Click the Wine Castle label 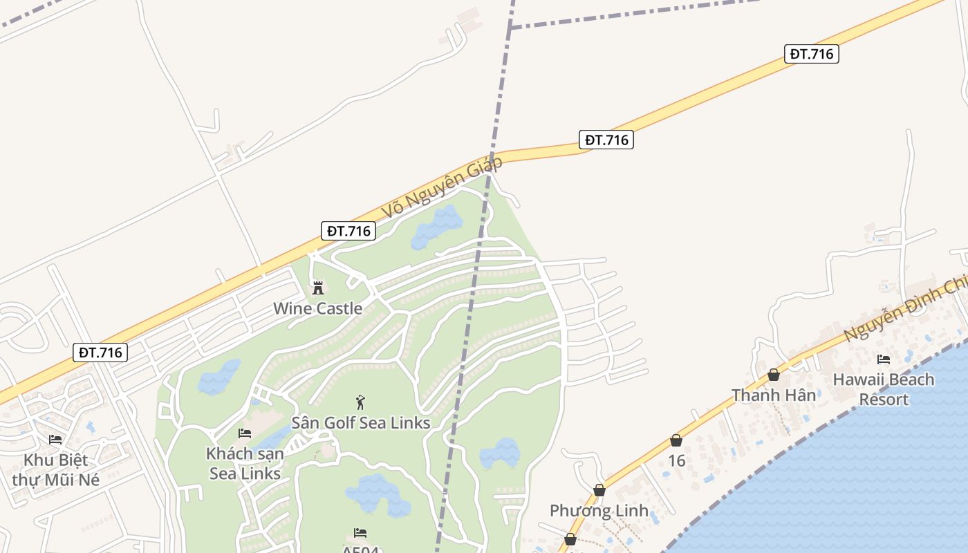point(317,308)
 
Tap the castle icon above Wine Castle point(318,288)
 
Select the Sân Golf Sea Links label point(360,422)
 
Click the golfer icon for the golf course point(360,402)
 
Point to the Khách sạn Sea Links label point(245,464)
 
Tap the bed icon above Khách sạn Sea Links point(245,433)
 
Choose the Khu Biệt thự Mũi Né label point(56,469)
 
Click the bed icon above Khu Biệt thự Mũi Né point(55,440)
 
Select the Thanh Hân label point(774,395)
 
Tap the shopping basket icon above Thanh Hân point(774,375)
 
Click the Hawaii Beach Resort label point(883,389)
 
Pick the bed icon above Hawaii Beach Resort point(884,359)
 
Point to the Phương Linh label point(599,511)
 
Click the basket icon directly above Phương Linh point(599,490)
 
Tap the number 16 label point(676,460)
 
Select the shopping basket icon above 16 point(676,440)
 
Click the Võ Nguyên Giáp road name point(442,187)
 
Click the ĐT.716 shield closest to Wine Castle point(348,231)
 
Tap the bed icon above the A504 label point(360,532)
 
